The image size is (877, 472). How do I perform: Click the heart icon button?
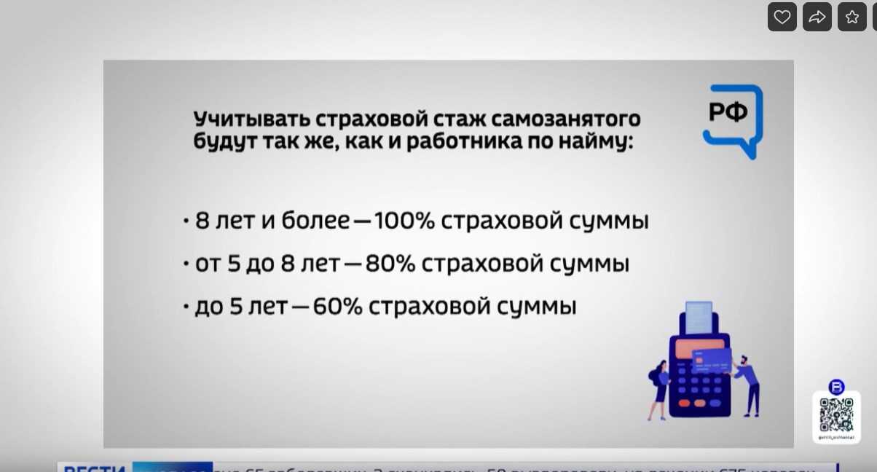pyautogui.click(x=782, y=17)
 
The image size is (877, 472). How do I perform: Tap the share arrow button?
pyautogui.click(x=817, y=17)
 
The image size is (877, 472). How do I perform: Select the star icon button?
pyautogui.click(x=852, y=17)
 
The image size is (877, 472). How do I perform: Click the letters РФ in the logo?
pyautogui.click(x=728, y=113)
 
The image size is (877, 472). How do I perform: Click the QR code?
pyautogui.click(x=836, y=414)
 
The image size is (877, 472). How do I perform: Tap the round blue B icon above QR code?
pyautogui.click(x=836, y=386)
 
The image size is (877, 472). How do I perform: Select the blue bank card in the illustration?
pyautogui.click(x=712, y=359)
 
